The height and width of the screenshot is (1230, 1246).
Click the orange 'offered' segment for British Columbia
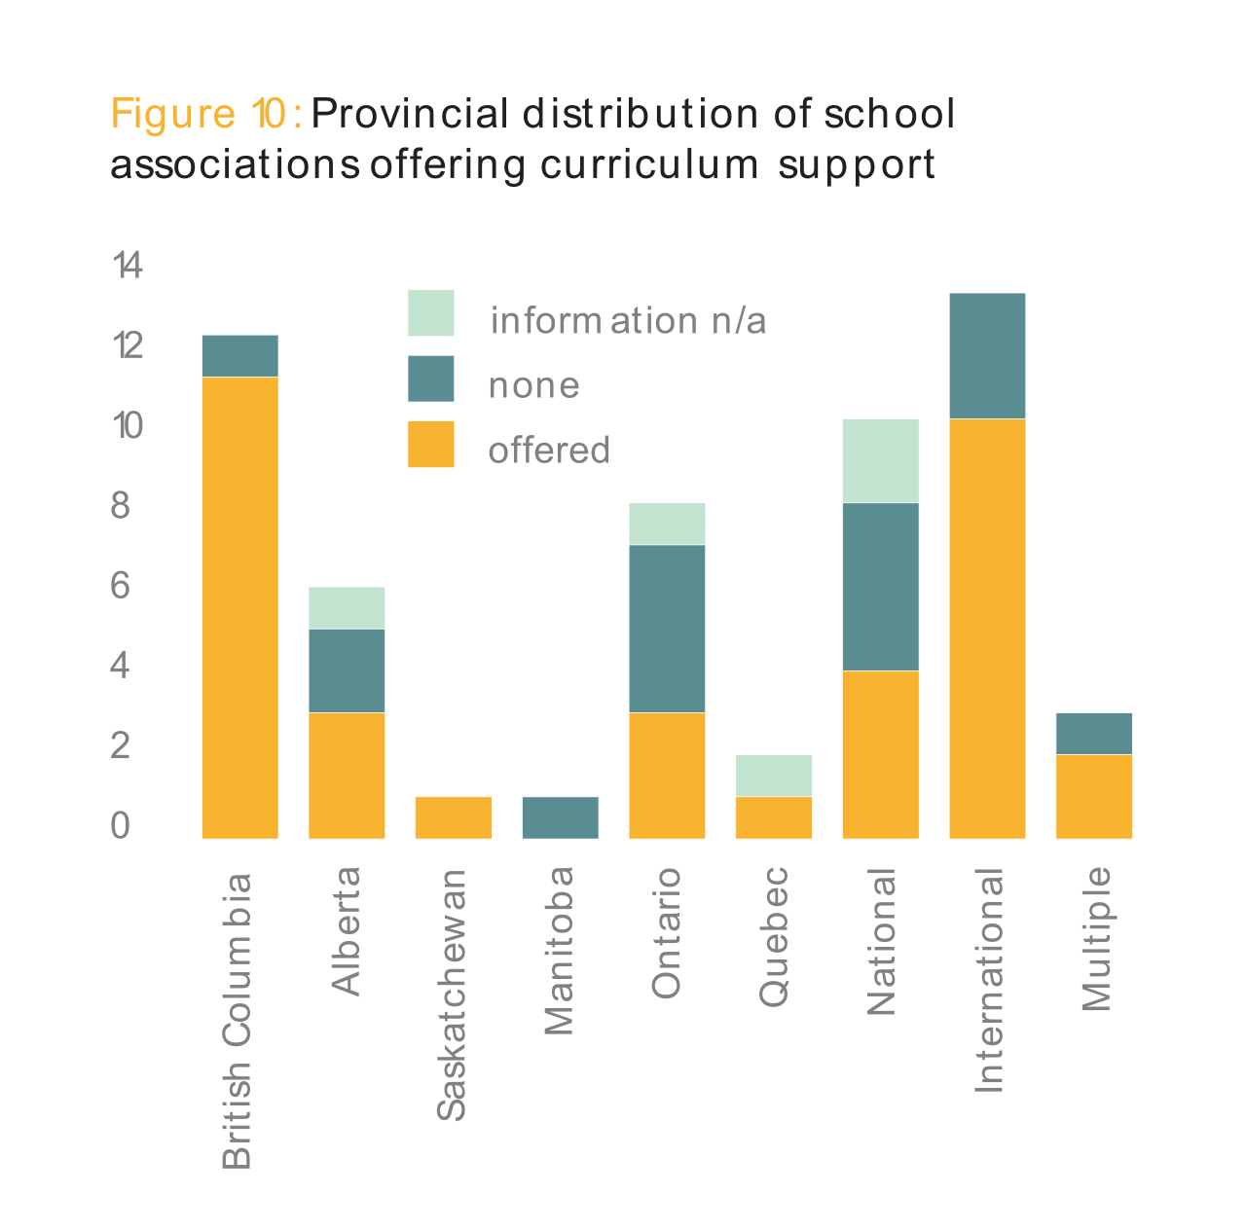pos(239,607)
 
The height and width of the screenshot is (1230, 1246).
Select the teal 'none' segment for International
pos(987,356)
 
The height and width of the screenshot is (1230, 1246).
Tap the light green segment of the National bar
pos(880,460)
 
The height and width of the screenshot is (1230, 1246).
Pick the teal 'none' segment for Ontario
pos(667,629)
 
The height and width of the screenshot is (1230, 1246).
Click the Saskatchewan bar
pos(454,817)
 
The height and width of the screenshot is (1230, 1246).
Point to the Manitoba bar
pos(560,817)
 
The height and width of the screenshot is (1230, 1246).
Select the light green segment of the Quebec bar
pos(774,776)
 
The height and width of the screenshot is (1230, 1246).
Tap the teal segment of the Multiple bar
pos(1094,734)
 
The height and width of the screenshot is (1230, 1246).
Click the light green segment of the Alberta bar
pos(347,608)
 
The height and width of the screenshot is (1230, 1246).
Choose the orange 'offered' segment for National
pos(880,754)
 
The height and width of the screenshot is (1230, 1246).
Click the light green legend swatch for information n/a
pos(430,313)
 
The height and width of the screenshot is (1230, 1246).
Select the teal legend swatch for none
pos(430,379)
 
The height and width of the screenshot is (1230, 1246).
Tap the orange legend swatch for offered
pos(430,444)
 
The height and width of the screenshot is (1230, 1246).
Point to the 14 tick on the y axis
pos(128,265)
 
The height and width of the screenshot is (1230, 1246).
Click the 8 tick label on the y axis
pos(121,506)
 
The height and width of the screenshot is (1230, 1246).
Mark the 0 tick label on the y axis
pos(121,825)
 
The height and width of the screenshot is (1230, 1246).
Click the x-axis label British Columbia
pos(238,1020)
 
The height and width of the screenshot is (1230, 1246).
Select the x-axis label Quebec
pos(774,935)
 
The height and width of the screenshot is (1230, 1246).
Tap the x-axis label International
pos(988,980)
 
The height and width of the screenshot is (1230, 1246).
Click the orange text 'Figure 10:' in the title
pos(206,114)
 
